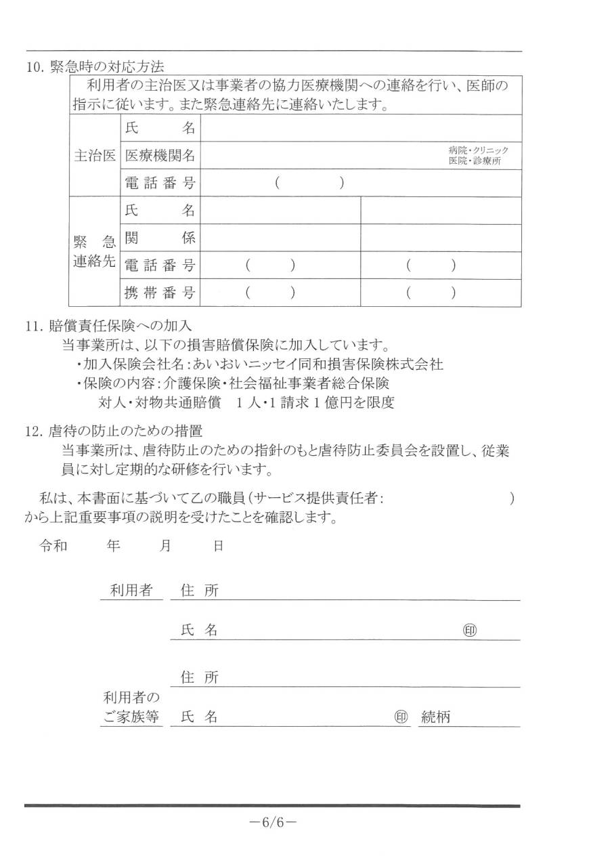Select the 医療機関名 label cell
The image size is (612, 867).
tap(160, 155)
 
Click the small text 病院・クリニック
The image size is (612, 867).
tap(478, 150)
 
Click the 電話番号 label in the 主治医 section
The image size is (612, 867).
tap(160, 182)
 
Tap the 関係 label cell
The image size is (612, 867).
tap(160, 238)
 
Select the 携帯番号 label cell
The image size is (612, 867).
tap(160, 293)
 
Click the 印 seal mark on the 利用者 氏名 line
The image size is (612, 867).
tap(469, 630)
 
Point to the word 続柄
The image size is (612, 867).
tap(435, 717)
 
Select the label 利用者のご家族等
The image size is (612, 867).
tap(131, 707)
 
